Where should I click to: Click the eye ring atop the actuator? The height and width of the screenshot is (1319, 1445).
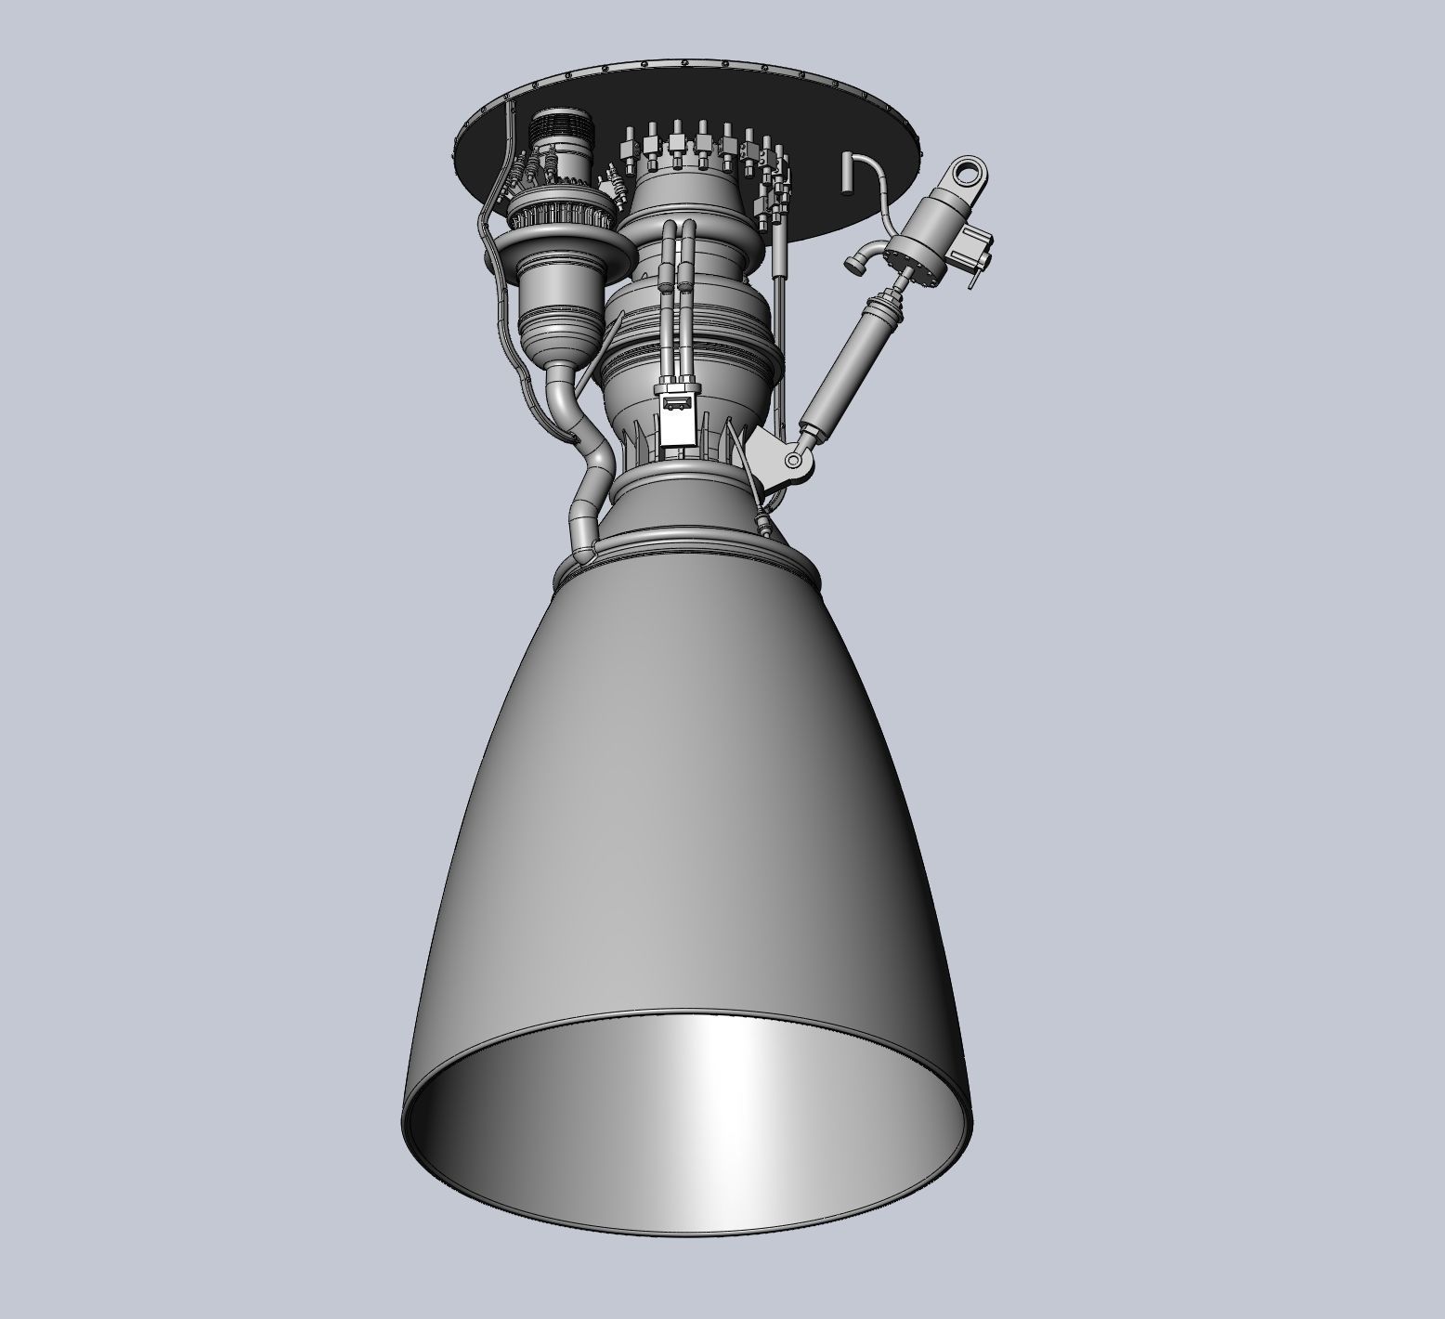[x=967, y=171]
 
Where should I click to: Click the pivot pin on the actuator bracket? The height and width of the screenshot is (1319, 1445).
[x=795, y=460]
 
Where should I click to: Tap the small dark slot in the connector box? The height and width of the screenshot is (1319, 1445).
[x=676, y=402]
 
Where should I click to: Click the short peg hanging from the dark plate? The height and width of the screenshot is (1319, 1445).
[x=846, y=174]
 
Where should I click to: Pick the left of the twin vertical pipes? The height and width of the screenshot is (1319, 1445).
[x=668, y=297]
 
